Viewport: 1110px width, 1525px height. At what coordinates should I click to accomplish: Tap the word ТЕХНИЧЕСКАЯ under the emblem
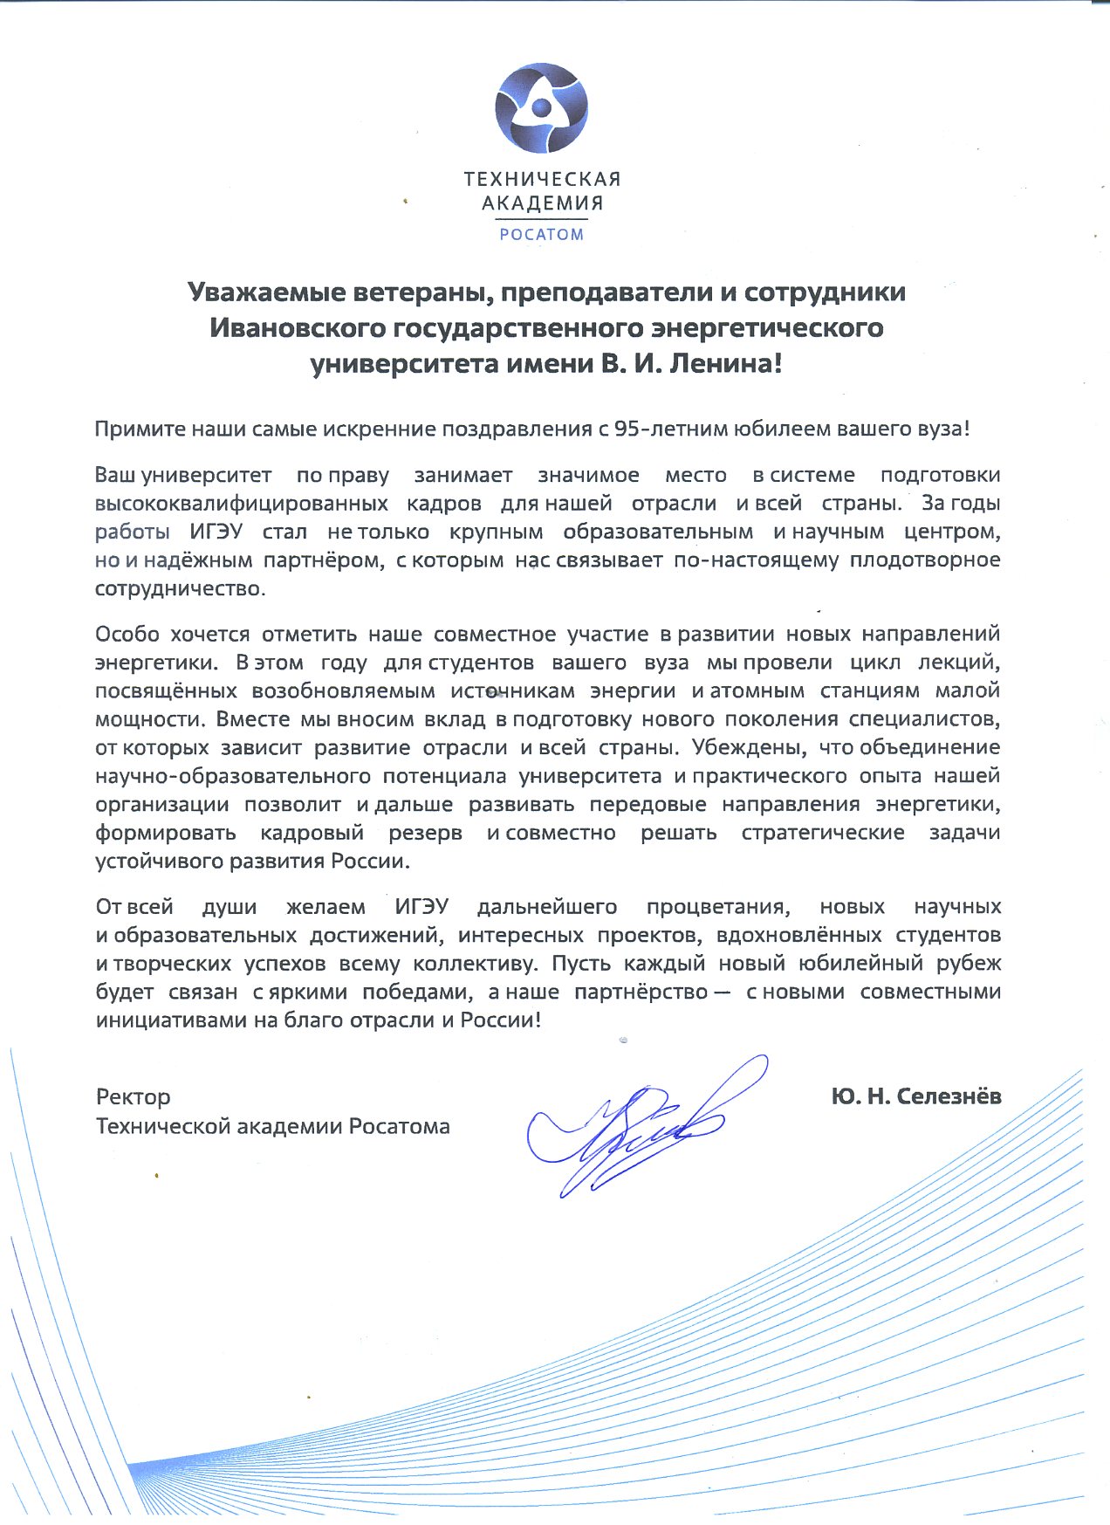pyautogui.click(x=542, y=180)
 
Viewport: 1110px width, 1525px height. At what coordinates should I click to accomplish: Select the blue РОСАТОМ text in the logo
pyautogui.click(x=541, y=234)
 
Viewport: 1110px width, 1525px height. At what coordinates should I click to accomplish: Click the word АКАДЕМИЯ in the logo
pyautogui.click(x=542, y=204)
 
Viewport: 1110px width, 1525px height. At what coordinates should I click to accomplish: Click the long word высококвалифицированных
pyautogui.click(x=242, y=504)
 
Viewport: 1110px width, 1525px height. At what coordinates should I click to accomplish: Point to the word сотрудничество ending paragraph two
pyautogui.click(x=179, y=588)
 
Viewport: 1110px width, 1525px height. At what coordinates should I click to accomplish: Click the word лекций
pyautogui.click(x=960, y=663)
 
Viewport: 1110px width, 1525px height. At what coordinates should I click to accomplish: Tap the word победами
pyautogui.click(x=417, y=993)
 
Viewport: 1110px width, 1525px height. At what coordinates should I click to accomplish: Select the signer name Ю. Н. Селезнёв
pyautogui.click(x=915, y=1096)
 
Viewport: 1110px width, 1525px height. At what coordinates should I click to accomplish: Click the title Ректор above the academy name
pyautogui.click(x=133, y=1096)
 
